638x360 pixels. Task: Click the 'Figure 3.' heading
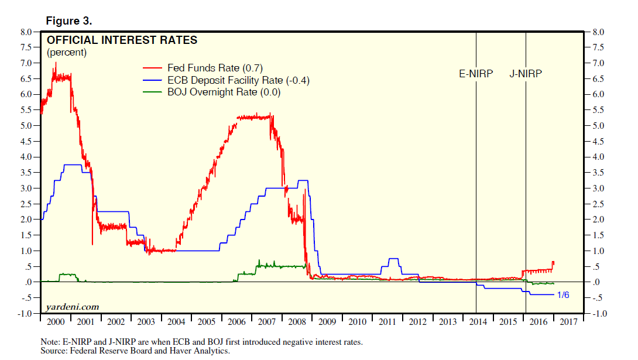coord(69,21)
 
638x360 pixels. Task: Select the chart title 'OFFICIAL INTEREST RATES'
coord(122,40)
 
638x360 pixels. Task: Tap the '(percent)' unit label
coord(67,53)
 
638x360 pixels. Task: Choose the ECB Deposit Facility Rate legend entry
coord(237,80)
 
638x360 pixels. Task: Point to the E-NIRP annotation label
coord(475,74)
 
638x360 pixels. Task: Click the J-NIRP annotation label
coord(526,74)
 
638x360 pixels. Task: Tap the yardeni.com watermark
coord(72,307)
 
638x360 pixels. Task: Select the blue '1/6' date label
coord(562,295)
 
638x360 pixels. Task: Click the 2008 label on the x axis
coord(297,323)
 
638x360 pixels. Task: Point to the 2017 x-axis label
coord(568,323)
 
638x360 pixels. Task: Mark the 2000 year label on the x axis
coord(56,323)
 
